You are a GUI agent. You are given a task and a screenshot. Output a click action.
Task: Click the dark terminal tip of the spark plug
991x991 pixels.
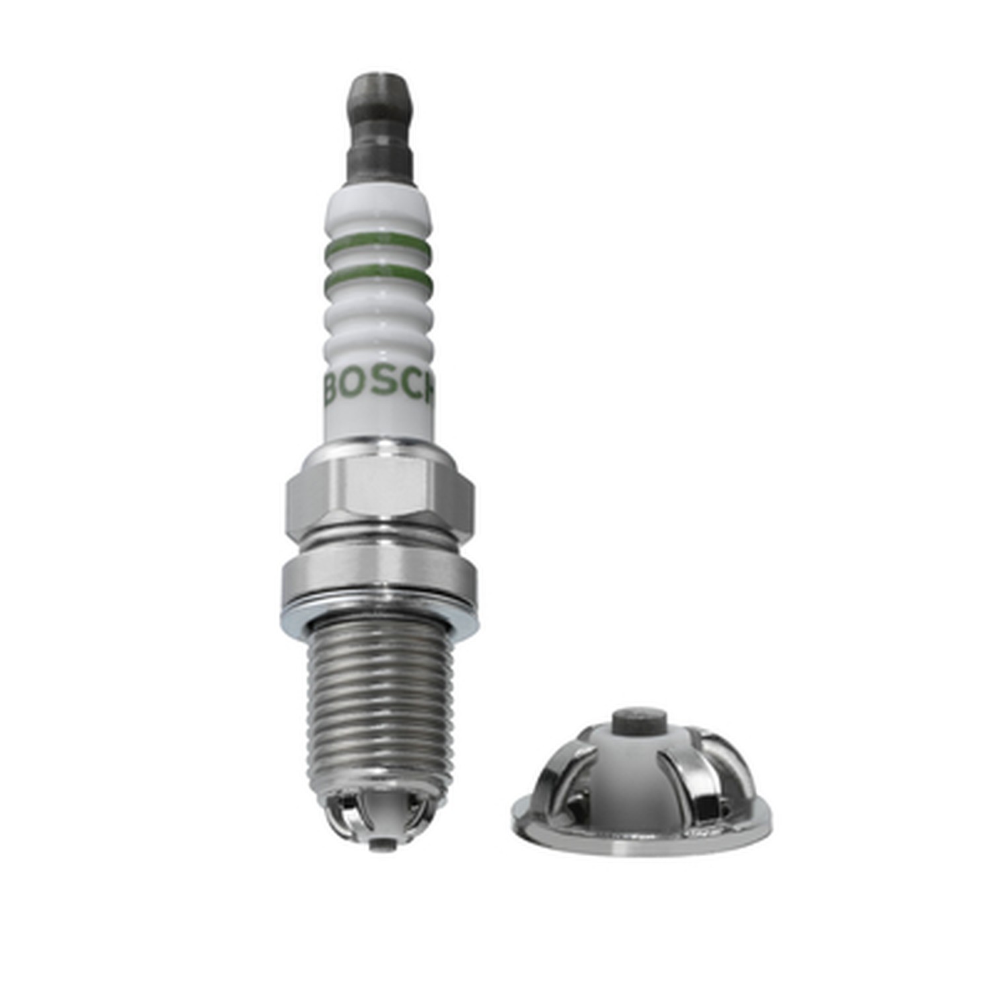(x=379, y=126)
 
